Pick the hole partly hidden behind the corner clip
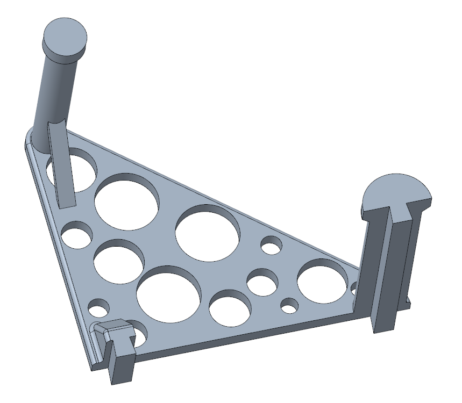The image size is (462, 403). pyautogui.click(x=139, y=334)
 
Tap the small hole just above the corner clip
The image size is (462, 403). pyautogui.click(x=99, y=308)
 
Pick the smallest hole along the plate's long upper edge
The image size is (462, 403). pyautogui.click(x=271, y=246)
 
